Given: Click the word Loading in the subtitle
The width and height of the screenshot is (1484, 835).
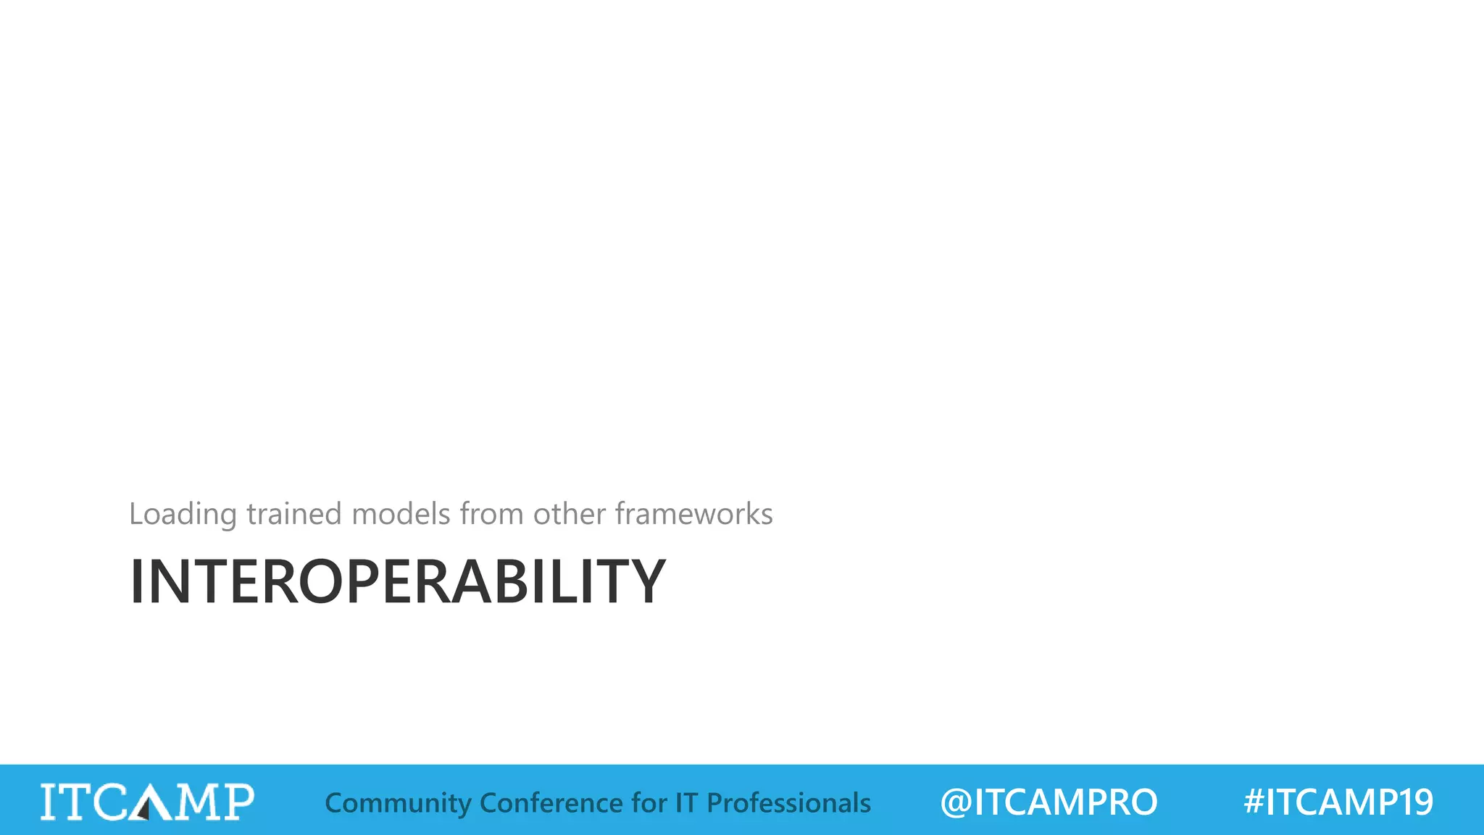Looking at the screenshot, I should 183,515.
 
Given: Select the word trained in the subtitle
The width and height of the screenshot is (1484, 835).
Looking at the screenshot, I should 293,515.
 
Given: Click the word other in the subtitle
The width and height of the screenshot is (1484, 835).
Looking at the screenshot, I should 570,515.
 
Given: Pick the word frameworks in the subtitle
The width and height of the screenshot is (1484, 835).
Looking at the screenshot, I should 694,515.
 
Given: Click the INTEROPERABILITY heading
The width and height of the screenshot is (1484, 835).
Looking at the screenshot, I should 397,581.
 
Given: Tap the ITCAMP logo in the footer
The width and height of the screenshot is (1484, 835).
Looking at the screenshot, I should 147,802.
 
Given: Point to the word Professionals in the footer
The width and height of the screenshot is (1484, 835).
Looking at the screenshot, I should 788,803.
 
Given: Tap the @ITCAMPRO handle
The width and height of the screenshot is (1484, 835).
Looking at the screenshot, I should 1049,802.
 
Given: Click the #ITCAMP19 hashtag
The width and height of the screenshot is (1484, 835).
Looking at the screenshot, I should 1338,802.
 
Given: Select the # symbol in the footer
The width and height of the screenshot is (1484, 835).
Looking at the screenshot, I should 1254,802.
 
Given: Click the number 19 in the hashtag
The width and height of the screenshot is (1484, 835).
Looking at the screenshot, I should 1415,802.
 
